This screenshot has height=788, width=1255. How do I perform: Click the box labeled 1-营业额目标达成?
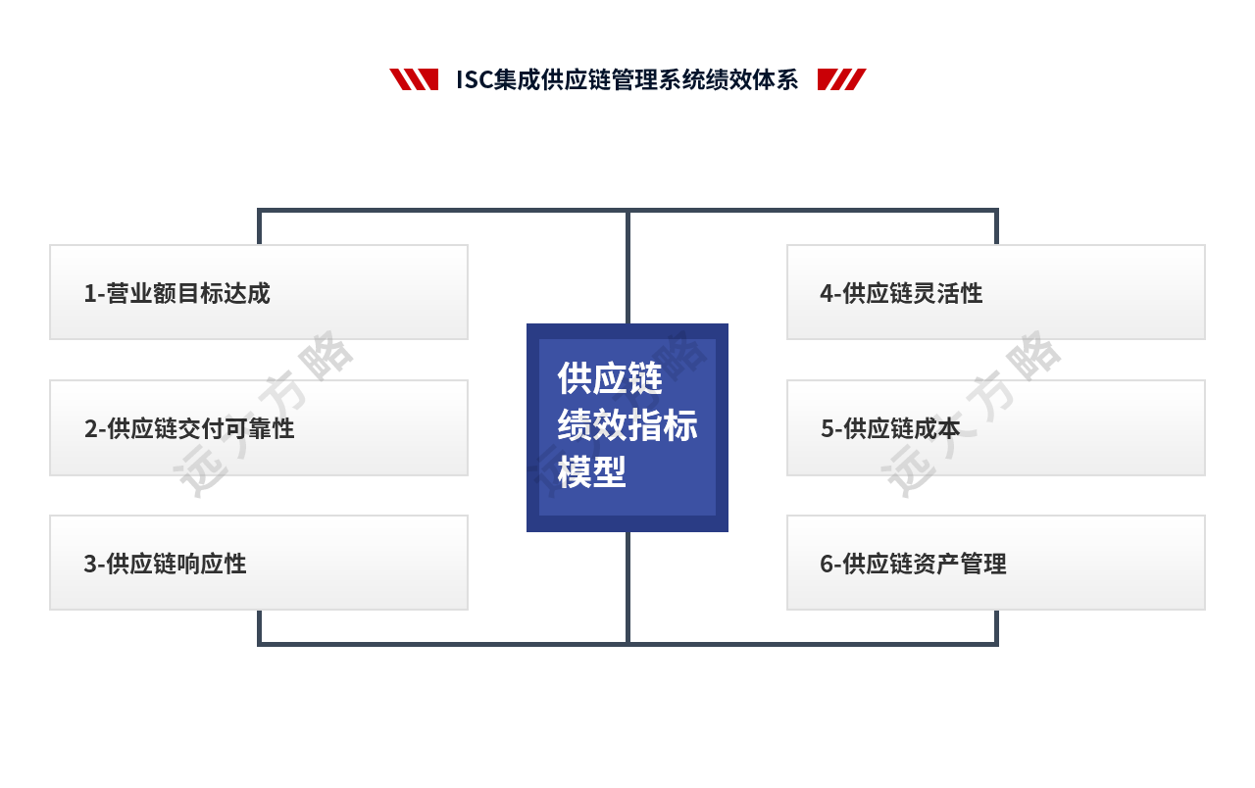pos(259,292)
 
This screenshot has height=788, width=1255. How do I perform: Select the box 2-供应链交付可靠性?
pos(259,427)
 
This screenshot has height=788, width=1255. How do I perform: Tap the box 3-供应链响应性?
pos(259,563)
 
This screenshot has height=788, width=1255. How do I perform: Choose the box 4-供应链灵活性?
pos(995,292)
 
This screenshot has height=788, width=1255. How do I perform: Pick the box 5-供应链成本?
pos(995,427)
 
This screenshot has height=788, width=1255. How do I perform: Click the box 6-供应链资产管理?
pos(995,563)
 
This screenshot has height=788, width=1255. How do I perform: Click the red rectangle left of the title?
pos(413,79)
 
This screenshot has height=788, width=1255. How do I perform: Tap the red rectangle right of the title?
pos(841,79)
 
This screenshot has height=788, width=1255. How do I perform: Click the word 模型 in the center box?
pos(591,472)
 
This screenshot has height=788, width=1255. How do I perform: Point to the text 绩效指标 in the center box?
pos(627,425)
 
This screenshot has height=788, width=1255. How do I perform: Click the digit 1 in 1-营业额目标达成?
pos(89,293)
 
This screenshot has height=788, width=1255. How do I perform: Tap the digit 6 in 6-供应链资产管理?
pos(827,564)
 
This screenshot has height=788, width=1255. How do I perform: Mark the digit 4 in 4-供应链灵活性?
pos(827,293)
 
